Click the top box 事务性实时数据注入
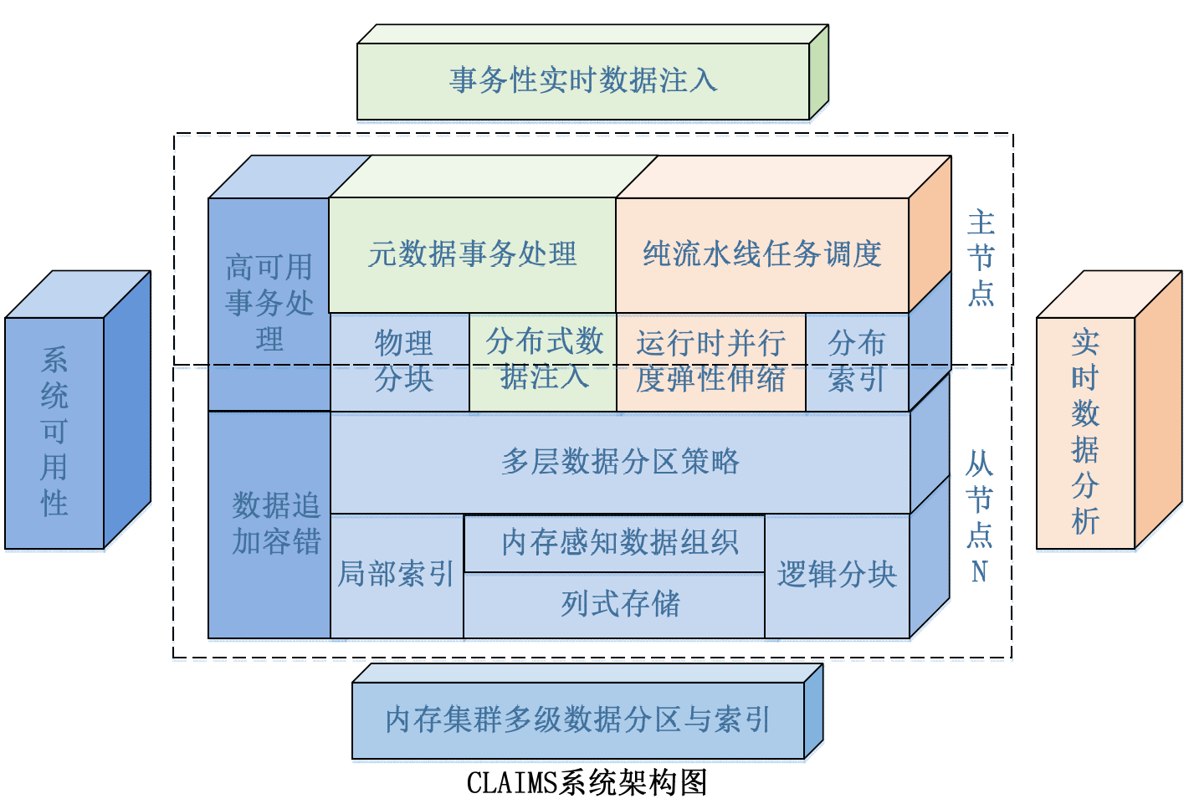(x=583, y=81)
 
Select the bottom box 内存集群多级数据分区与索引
(x=577, y=720)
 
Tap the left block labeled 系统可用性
(x=54, y=433)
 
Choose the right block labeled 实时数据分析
(x=1085, y=433)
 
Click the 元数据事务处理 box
(x=472, y=254)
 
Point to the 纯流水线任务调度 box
(x=761, y=254)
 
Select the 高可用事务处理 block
(x=269, y=303)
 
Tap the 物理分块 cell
(x=402, y=361)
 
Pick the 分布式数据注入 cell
(x=544, y=360)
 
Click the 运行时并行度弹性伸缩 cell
(x=710, y=361)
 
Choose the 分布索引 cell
(x=856, y=361)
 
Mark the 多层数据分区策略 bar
(x=620, y=462)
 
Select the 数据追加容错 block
(x=275, y=524)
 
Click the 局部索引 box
(x=396, y=575)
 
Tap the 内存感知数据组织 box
(x=619, y=543)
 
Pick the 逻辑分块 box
(x=836, y=575)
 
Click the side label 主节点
(x=981, y=259)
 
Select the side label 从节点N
(x=979, y=516)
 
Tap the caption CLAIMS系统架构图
(x=587, y=783)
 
